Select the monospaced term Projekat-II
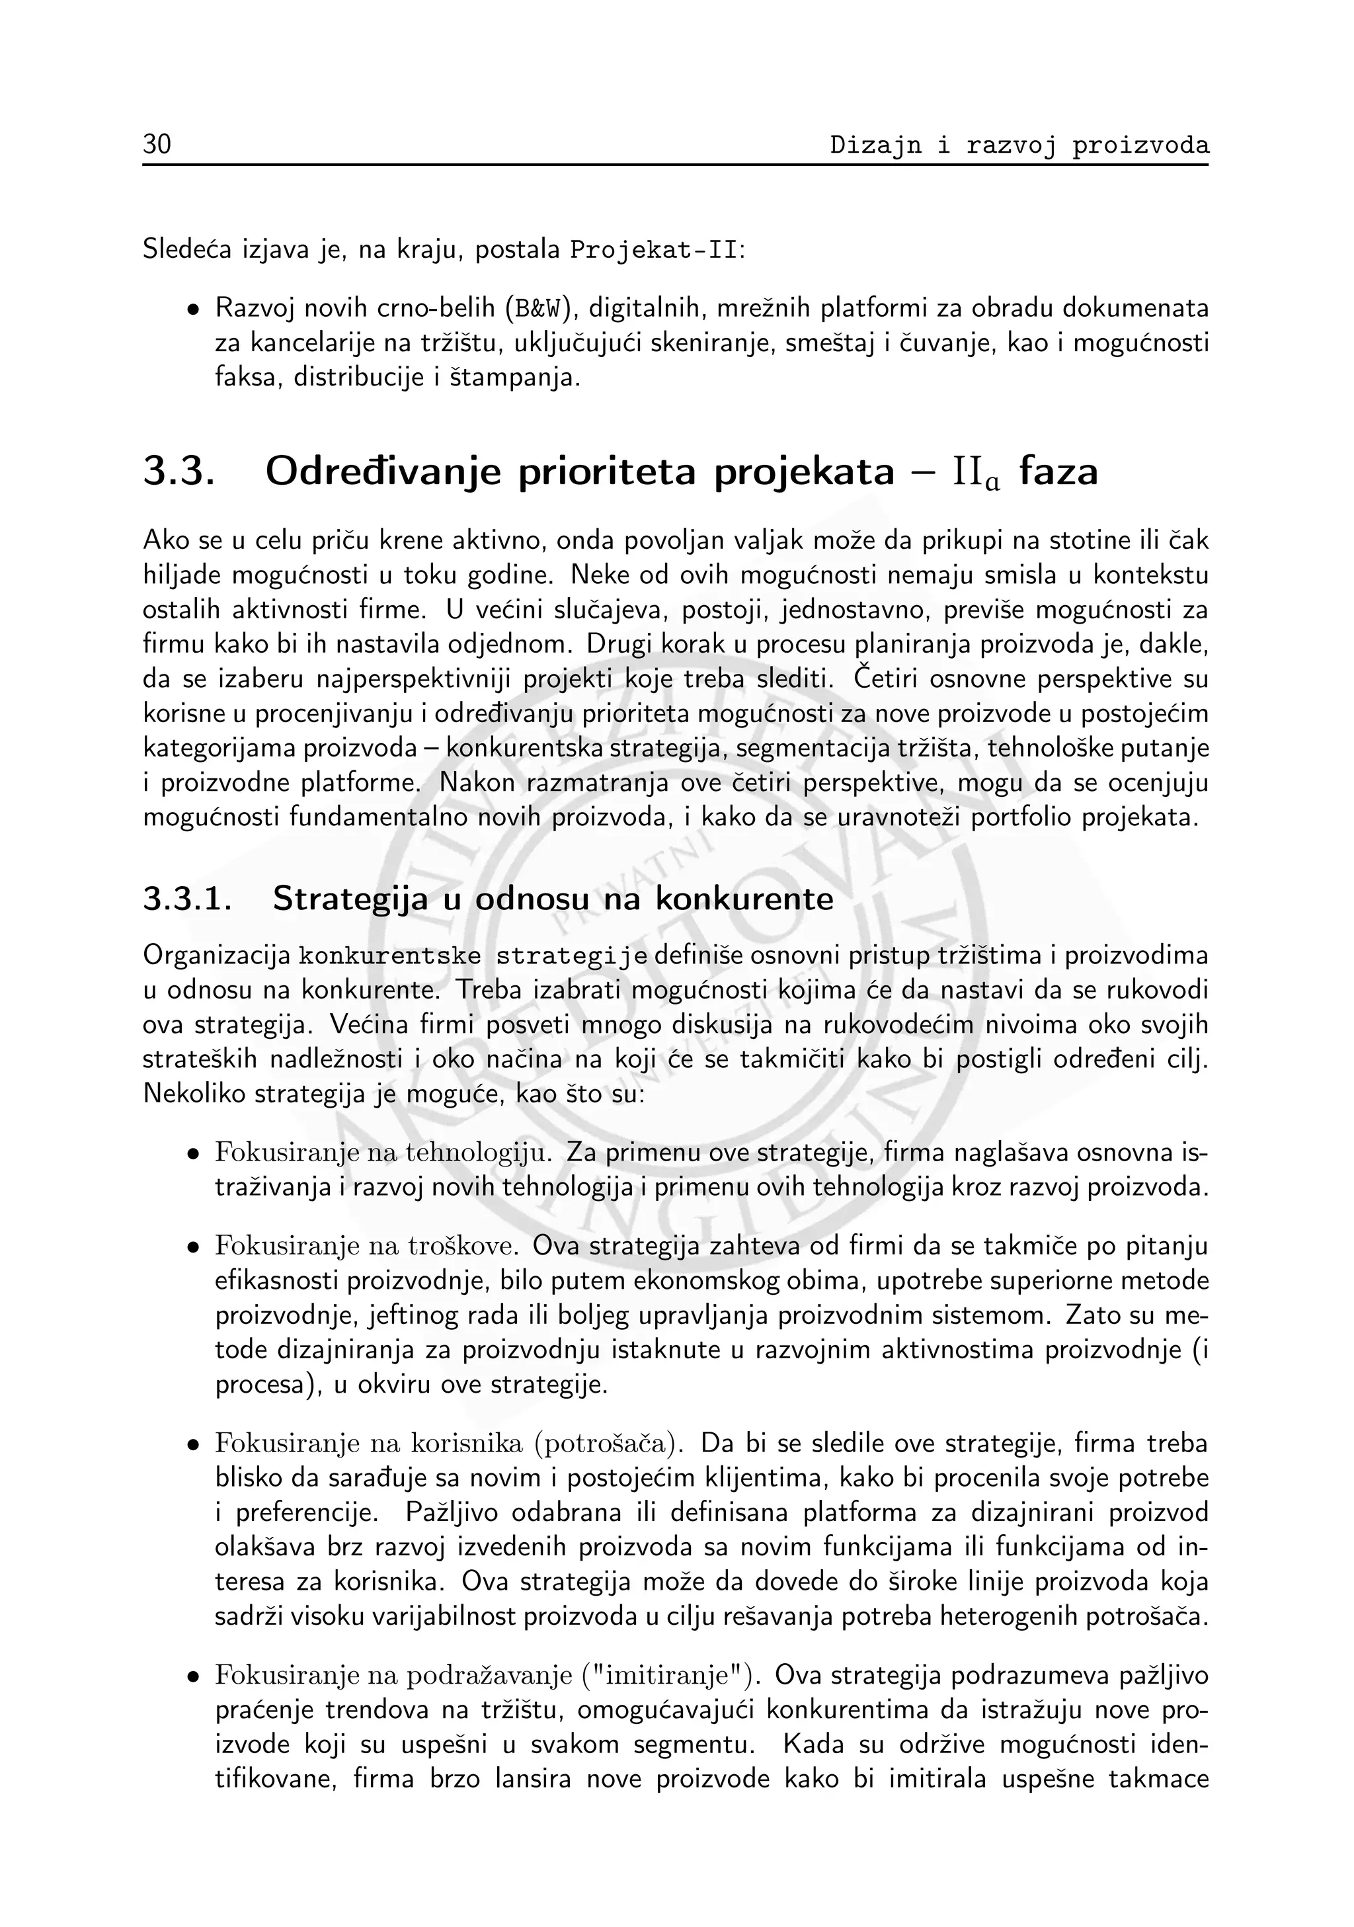coord(655,250)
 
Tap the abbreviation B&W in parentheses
coord(538,309)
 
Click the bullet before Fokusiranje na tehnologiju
coord(194,1155)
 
